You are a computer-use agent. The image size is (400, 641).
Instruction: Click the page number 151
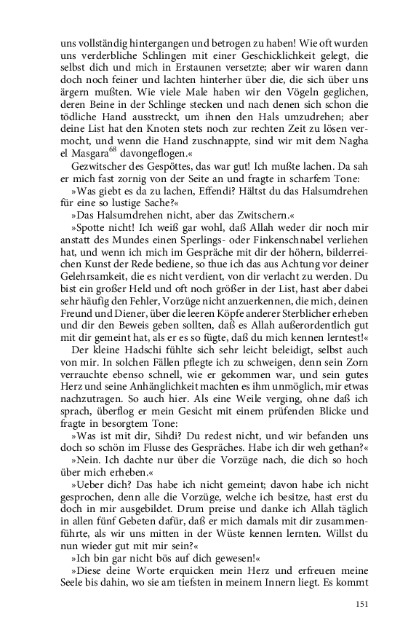[x=361, y=604]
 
